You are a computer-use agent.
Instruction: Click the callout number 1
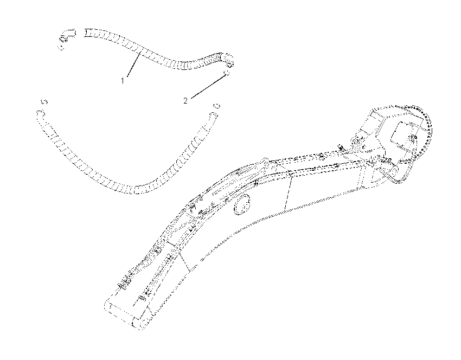tap(123, 80)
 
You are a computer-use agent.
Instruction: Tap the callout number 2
tap(185, 101)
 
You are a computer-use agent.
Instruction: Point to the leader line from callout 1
tap(133, 64)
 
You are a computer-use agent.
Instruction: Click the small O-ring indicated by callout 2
tap(226, 73)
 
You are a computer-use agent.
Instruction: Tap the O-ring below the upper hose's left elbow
tap(61, 47)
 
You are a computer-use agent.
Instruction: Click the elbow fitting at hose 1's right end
tap(227, 59)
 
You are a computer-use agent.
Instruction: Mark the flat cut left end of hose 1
tap(85, 33)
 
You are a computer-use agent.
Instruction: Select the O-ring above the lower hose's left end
tap(44, 102)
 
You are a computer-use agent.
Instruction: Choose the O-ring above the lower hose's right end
tap(216, 105)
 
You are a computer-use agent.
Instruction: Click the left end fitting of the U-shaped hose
tap(40, 114)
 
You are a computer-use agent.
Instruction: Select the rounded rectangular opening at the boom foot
tap(402, 136)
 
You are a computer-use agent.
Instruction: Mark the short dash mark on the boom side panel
tap(203, 259)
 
